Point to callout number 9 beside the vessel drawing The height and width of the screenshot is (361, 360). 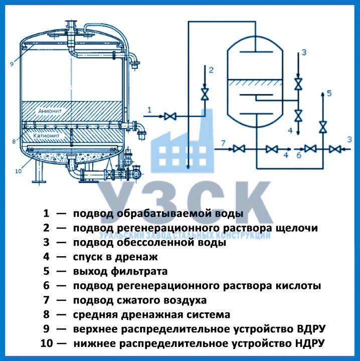(11, 64)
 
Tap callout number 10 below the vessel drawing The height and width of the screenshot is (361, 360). (19, 171)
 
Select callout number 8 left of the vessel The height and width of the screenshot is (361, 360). (13, 141)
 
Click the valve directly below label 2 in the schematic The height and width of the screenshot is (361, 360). (205, 94)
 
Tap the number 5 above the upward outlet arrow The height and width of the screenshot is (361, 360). (329, 93)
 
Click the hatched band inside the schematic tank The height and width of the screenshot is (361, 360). (255, 84)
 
